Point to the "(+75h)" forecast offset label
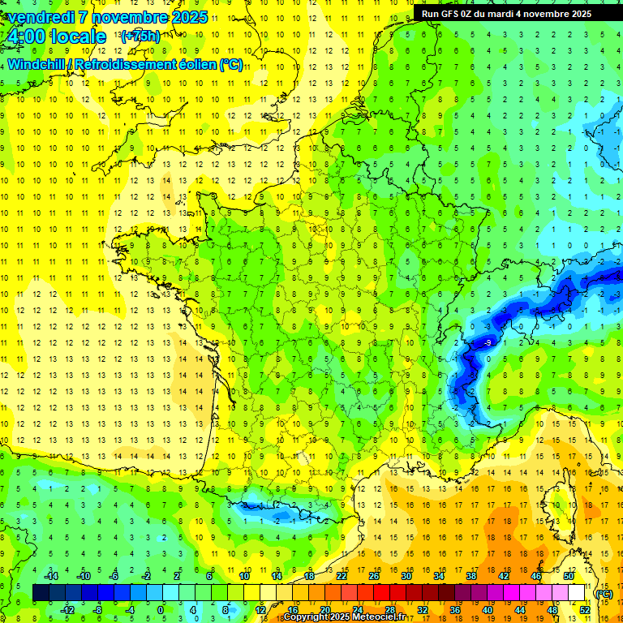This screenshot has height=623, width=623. (x=140, y=36)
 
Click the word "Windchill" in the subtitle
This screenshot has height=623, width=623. (x=37, y=64)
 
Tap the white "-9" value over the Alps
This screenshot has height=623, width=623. (x=487, y=343)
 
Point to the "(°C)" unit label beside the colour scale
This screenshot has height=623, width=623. (x=604, y=594)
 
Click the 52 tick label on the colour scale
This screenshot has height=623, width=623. (x=585, y=610)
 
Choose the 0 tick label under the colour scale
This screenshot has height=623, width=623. (x=160, y=610)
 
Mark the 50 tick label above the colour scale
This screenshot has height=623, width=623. (x=568, y=576)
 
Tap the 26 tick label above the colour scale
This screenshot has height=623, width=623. (x=374, y=576)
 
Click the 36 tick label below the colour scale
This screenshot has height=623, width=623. (x=455, y=610)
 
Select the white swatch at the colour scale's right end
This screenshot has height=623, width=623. (x=577, y=593)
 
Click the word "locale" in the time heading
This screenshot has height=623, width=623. (x=79, y=37)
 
